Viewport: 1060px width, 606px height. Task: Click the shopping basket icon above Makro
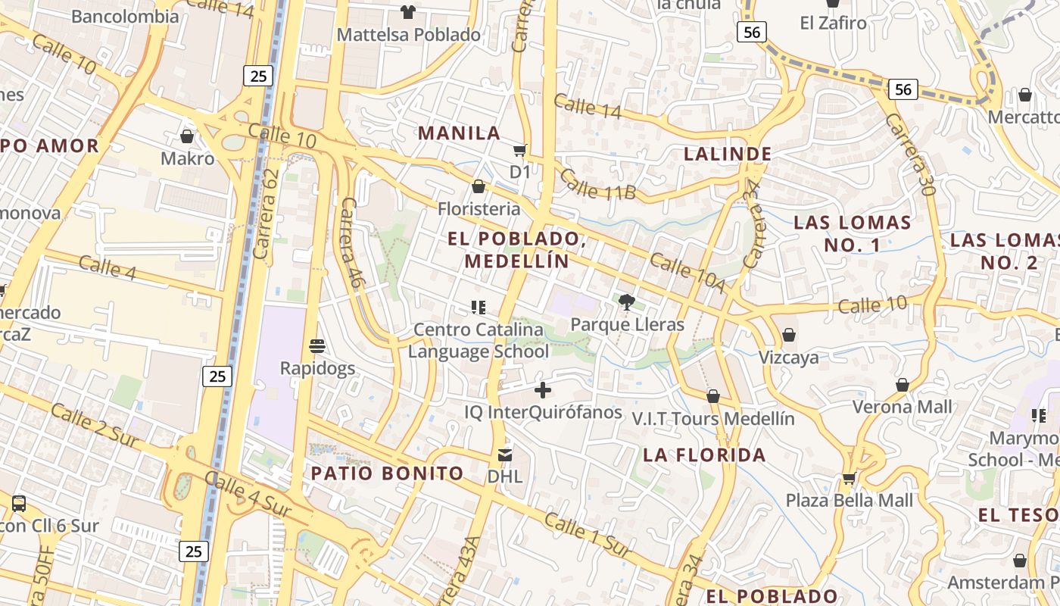187,136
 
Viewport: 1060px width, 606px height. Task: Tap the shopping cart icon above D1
519,150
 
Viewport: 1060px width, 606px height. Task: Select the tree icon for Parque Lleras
626,303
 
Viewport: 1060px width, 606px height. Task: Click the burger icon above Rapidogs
317,346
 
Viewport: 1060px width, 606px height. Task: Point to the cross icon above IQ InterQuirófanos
543,390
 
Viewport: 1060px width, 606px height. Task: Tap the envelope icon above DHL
504,454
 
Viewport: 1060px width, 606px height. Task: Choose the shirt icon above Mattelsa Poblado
408,11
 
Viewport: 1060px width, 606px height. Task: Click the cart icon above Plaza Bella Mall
849,479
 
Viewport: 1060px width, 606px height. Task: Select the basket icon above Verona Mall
902,385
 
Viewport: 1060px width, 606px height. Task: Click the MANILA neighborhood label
460,133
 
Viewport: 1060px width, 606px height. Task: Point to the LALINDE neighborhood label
728,154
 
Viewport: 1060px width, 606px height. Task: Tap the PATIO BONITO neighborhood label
387,473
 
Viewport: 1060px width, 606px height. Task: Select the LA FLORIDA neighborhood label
704,455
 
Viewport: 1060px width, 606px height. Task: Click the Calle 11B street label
598,185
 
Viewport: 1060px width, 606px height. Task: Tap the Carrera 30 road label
909,155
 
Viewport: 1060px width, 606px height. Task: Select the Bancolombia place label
125,17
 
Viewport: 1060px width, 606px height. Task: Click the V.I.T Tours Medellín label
713,419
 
